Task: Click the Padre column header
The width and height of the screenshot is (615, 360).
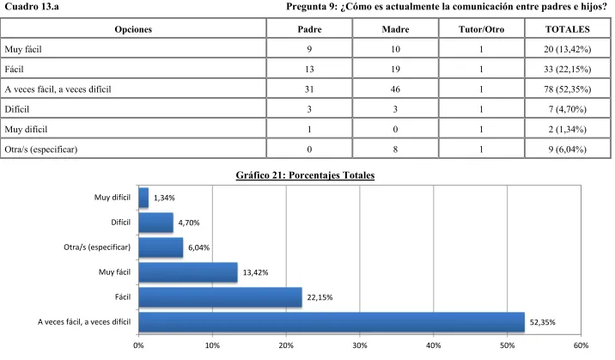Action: coord(309,29)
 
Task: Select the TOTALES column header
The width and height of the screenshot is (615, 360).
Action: coord(567,29)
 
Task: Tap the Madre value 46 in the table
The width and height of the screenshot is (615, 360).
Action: coord(395,89)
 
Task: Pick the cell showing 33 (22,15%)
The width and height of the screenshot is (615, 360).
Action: coord(567,70)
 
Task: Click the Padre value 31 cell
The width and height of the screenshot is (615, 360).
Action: coord(309,89)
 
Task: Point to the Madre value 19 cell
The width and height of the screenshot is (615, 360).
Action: coord(395,70)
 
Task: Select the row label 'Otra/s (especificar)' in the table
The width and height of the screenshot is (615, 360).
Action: coord(41,149)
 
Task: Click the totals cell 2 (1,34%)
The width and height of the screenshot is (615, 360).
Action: coord(567,130)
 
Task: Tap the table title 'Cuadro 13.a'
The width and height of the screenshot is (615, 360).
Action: coord(32,7)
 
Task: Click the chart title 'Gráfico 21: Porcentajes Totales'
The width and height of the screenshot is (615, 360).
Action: coord(305,175)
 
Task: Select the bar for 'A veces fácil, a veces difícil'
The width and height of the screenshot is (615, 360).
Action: coord(332,322)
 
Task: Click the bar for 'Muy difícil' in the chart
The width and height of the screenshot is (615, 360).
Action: coord(143,198)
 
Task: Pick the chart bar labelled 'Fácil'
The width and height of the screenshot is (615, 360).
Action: coord(221,297)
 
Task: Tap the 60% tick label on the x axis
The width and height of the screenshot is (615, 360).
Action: coord(581,345)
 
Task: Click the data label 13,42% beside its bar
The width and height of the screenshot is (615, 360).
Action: coord(255,272)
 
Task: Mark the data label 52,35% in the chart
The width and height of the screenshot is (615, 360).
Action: coord(543,322)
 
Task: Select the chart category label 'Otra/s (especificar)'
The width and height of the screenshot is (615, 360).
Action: coord(97,247)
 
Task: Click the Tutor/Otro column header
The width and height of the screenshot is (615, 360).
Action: coord(481,29)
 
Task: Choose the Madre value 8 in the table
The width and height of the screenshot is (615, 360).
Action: coord(395,149)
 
